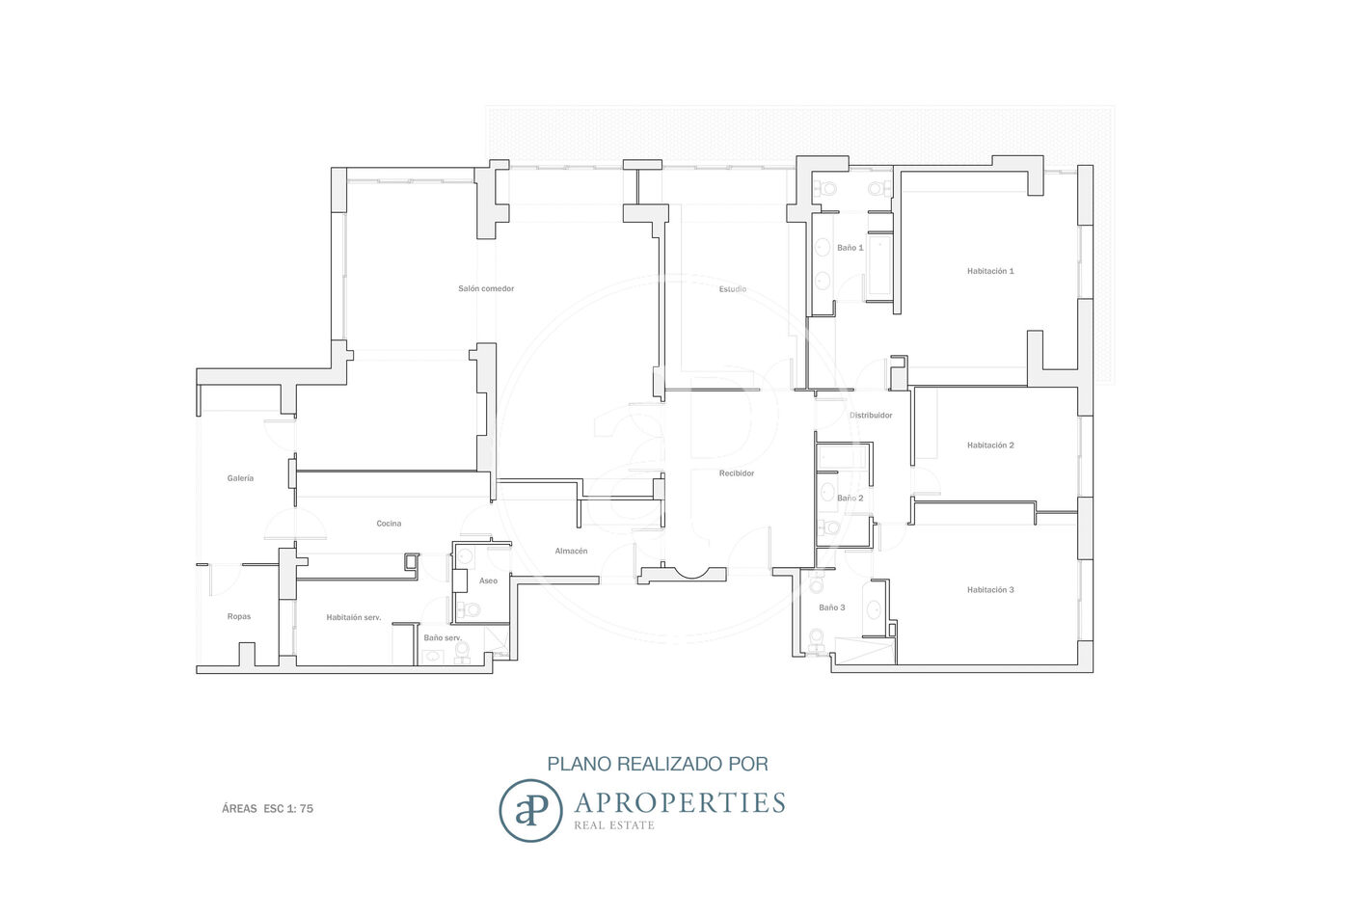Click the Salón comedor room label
(x=486, y=288)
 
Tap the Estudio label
(x=732, y=289)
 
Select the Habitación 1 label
(x=990, y=271)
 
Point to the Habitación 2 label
(x=990, y=445)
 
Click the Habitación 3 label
(x=990, y=590)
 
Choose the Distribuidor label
(x=870, y=416)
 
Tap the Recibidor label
(x=737, y=473)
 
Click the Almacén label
(x=571, y=551)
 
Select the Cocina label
(x=389, y=524)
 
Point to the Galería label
(x=240, y=478)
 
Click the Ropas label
(x=239, y=616)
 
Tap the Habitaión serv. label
(x=354, y=618)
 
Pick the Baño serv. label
(x=443, y=637)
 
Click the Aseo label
(x=488, y=581)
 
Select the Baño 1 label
(x=850, y=248)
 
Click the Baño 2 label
(x=850, y=499)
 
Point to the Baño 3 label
(x=831, y=607)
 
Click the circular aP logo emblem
(x=530, y=810)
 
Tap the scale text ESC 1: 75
(x=288, y=809)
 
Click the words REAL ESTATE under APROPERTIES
(x=613, y=825)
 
